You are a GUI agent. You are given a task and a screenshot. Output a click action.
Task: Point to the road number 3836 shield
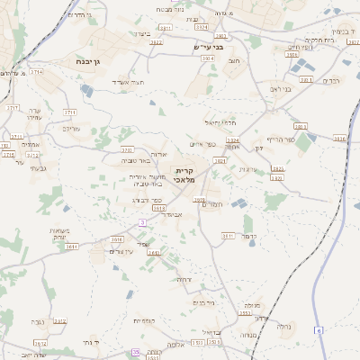pyautogui.click(x=339, y=139)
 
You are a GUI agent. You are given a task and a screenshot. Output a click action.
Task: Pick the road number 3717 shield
pyautogui.click(x=12, y=107)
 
